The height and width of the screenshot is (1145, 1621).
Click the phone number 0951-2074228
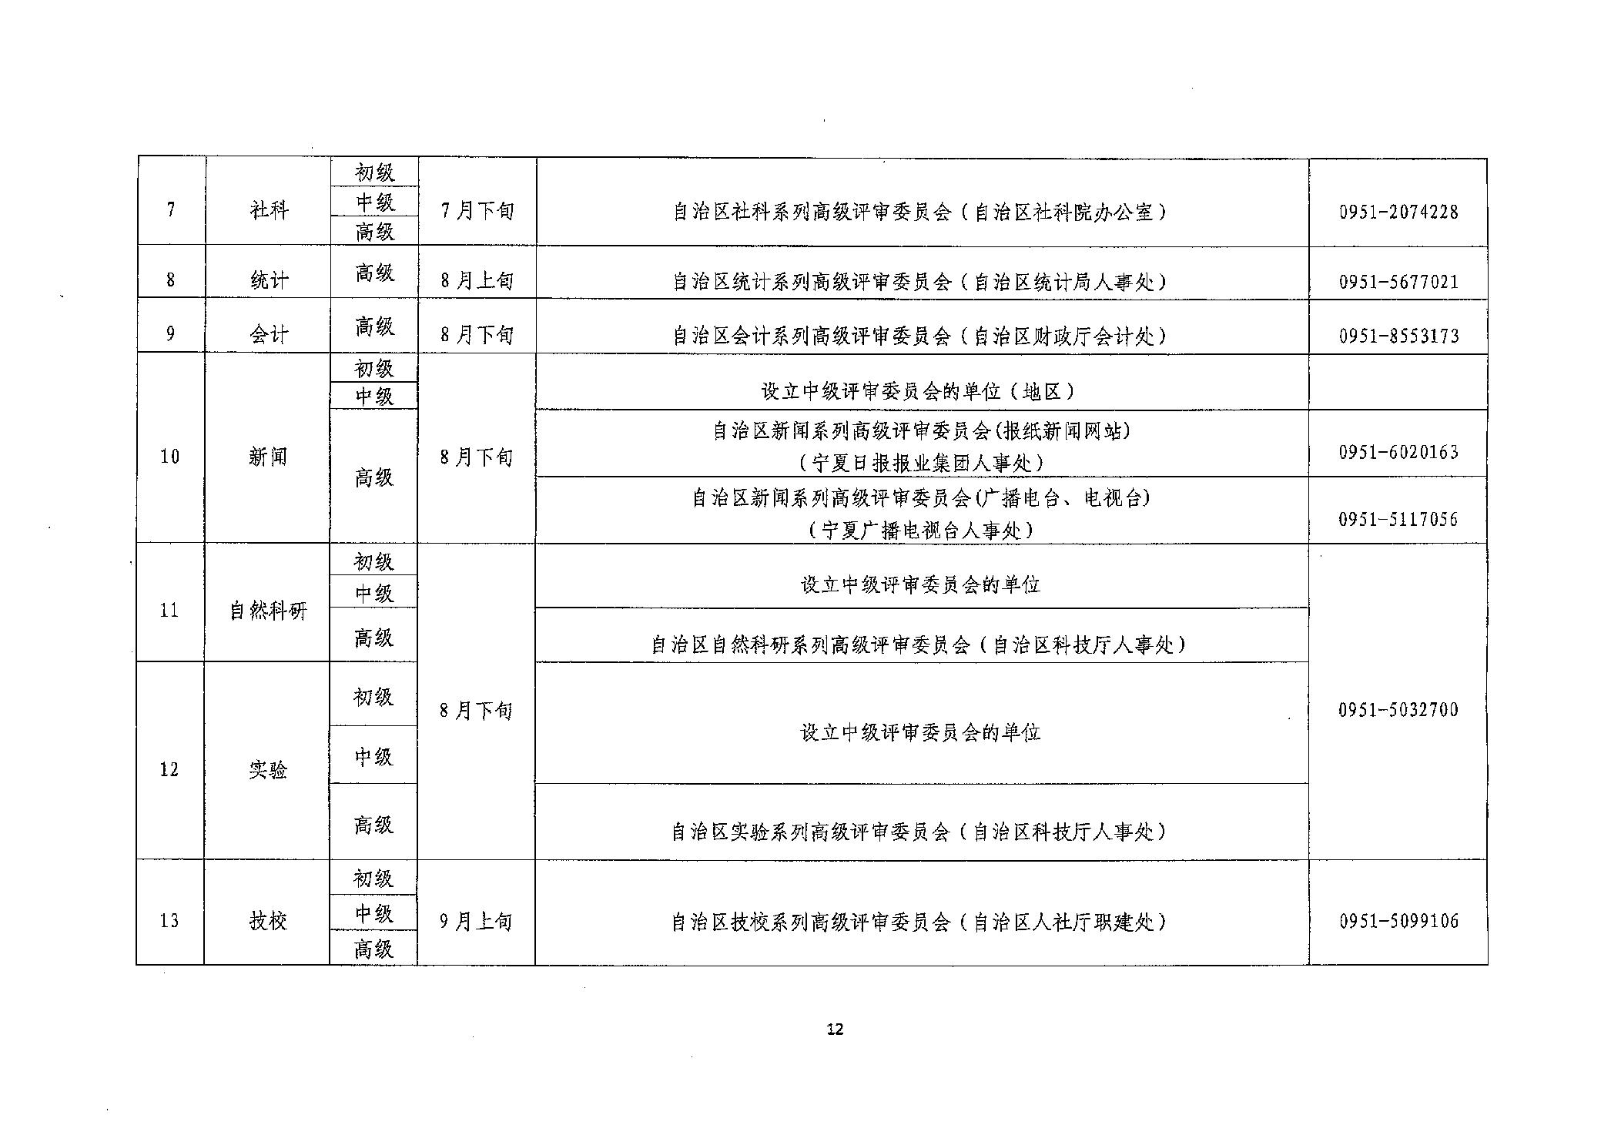1398,212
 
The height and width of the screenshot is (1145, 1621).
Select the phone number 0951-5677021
1398,282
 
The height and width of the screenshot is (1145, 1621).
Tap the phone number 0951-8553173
1398,336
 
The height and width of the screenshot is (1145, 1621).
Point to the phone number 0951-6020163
1398,452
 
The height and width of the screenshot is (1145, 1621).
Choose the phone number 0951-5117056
1398,520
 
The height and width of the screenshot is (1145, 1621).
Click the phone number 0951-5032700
1398,710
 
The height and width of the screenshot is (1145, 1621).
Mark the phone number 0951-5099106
1398,921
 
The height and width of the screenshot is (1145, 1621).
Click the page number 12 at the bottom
835,1029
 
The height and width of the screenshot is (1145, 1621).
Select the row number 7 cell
171,209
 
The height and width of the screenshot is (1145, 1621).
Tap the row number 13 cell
169,921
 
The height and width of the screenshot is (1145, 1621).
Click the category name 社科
269,209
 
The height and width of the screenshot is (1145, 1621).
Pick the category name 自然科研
268,611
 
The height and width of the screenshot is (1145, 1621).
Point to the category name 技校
268,921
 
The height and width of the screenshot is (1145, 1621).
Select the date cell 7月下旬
477,210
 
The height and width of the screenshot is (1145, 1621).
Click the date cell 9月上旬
476,921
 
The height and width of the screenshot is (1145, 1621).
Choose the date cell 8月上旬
477,280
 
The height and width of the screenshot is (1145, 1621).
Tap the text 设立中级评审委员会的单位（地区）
920,392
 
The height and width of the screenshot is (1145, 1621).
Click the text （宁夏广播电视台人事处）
920,531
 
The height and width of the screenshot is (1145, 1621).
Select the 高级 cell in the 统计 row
375,273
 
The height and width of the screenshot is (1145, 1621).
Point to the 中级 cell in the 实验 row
373,758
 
